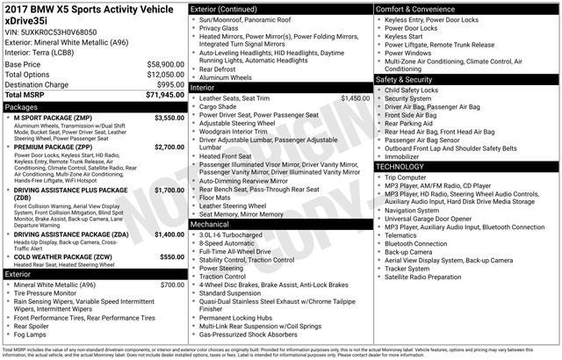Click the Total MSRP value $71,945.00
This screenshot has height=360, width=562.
[159, 95]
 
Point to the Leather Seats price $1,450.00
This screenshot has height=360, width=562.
[355, 98]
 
